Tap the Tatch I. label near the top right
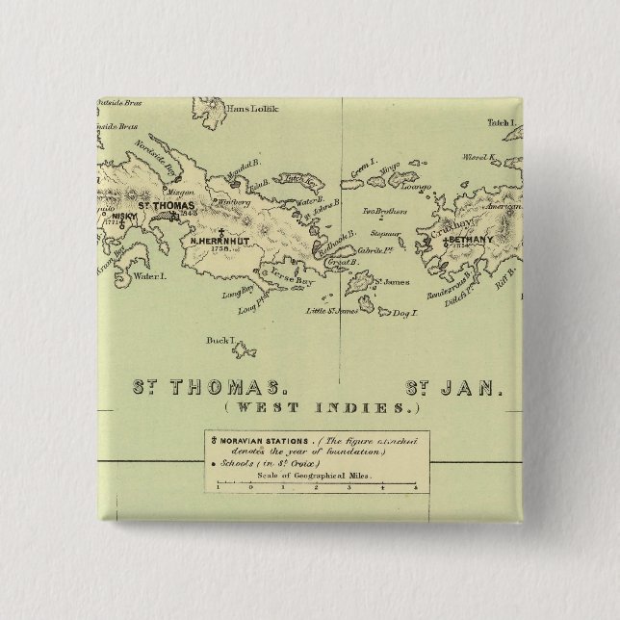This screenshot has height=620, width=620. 502,124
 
